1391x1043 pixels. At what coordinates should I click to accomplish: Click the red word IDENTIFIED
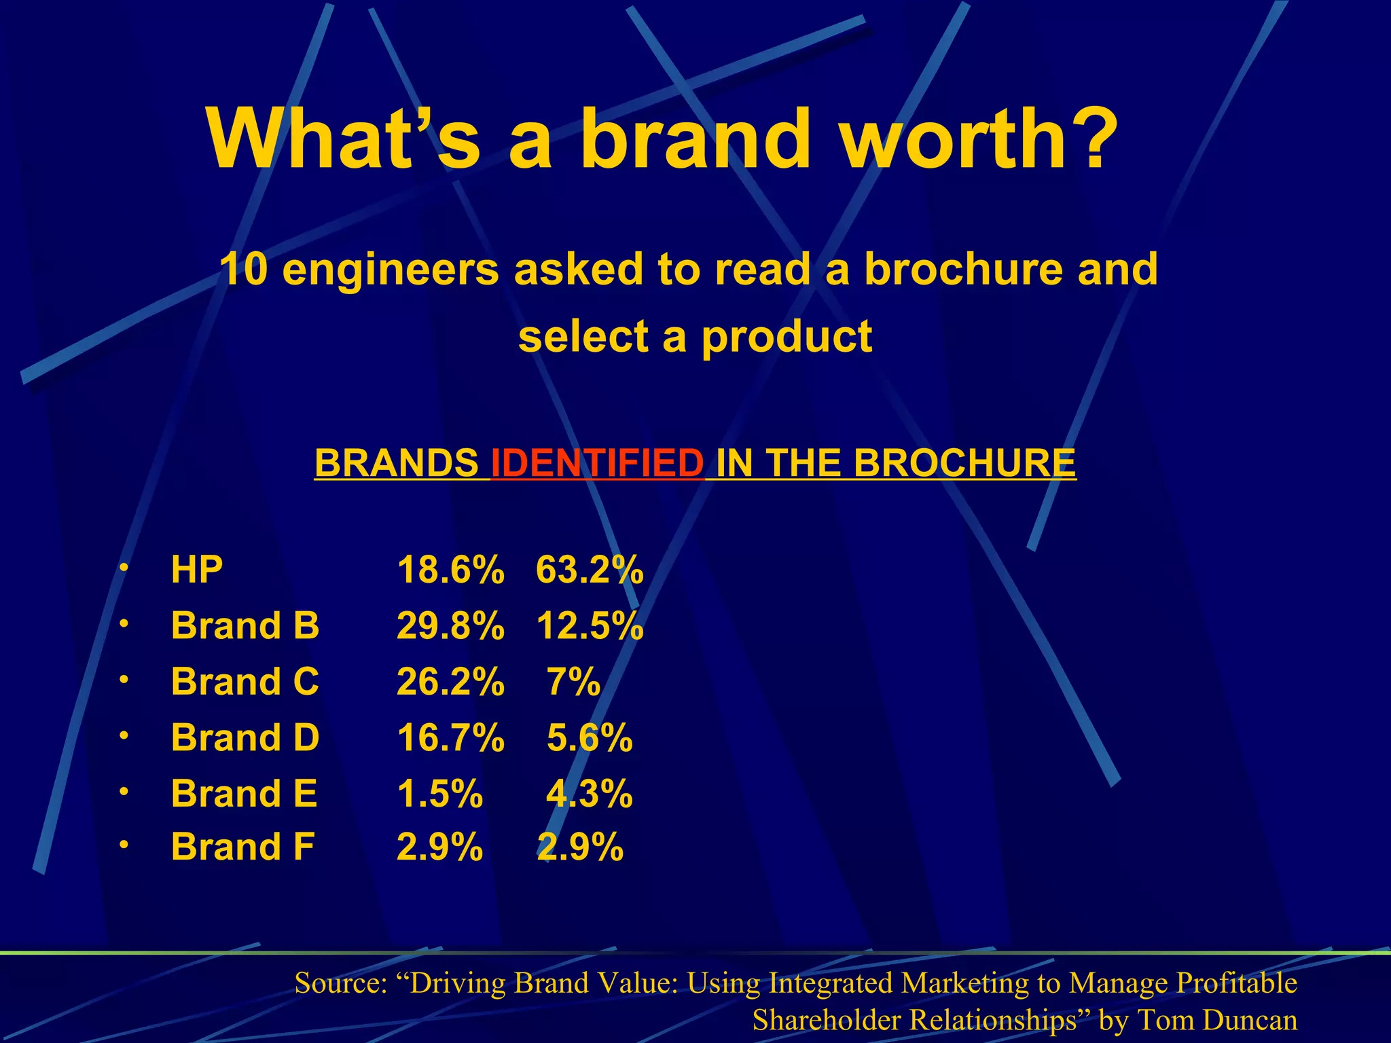click(598, 463)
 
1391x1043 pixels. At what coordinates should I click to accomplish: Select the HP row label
click(196, 570)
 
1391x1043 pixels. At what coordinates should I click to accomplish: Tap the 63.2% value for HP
click(590, 570)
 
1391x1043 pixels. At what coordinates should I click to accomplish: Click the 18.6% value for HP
click(450, 570)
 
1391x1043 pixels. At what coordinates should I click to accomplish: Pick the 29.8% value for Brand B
click(450, 625)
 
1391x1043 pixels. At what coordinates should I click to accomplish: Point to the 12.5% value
click(590, 625)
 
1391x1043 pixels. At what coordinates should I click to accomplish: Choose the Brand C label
click(245, 681)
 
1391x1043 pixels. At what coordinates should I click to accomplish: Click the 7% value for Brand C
click(573, 681)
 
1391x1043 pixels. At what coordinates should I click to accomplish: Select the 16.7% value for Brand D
click(450, 737)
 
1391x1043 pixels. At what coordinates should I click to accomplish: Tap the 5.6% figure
click(590, 737)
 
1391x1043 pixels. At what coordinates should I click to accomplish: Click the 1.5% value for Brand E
click(439, 793)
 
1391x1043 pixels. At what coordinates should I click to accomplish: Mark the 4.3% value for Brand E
click(590, 793)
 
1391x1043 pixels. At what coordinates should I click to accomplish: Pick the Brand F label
click(242, 847)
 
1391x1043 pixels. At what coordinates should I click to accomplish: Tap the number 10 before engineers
click(243, 270)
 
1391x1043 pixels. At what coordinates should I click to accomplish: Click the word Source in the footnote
click(341, 983)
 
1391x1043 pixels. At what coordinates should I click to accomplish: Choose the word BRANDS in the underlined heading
click(397, 463)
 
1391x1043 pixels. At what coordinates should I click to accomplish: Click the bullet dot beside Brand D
click(122, 735)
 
